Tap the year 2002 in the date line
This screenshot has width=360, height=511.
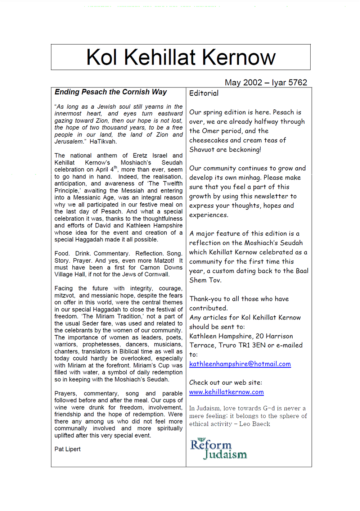(252, 82)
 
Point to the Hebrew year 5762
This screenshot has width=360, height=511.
(297, 82)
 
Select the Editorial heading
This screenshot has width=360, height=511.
(204, 93)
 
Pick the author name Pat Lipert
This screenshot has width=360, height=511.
(67, 449)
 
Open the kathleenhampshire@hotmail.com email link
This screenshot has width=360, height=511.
(240, 364)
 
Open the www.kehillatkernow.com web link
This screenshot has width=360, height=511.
(226, 392)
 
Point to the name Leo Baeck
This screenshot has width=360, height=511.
(255, 424)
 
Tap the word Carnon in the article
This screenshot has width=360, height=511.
(150, 267)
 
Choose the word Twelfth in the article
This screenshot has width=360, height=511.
(172, 184)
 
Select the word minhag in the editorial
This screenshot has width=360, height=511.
(249, 177)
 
